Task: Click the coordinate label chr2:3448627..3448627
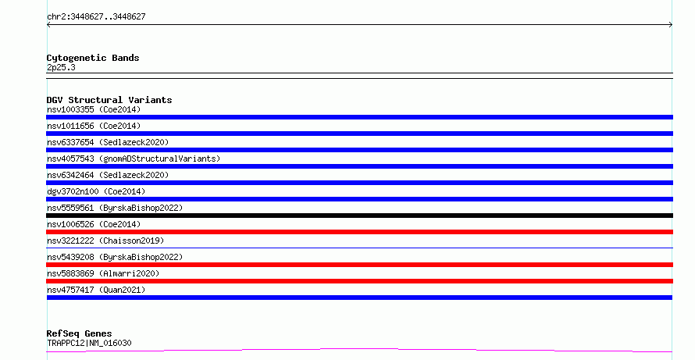(x=96, y=17)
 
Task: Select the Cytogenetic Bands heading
(x=93, y=58)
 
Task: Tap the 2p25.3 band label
(x=61, y=67)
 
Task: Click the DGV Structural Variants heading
(x=109, y=100)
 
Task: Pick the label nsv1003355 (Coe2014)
(x=94, y=109)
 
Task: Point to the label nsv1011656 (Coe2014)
(x=94, y=126)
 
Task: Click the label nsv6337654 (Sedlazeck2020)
(x=108, y=142)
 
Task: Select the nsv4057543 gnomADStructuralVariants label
(x=134, y=159)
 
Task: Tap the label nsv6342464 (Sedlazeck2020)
(x=108, y=175)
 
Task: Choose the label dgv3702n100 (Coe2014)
(x=96, y=191)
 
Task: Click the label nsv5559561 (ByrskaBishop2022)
(x=115, y=208)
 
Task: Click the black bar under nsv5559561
(x=359, y=216)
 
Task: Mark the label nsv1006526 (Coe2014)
(x=94, y=224)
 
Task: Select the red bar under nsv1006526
(x=359, y=232)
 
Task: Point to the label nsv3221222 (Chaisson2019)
(x=105, y=241)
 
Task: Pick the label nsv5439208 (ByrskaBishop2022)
(x=115, y=257)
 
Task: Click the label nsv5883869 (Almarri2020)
(x=103, y=273)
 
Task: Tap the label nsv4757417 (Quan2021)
(x=96, y=290)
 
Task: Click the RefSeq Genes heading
(x=79, y=333)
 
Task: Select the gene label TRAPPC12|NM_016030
(x=89, y=343)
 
